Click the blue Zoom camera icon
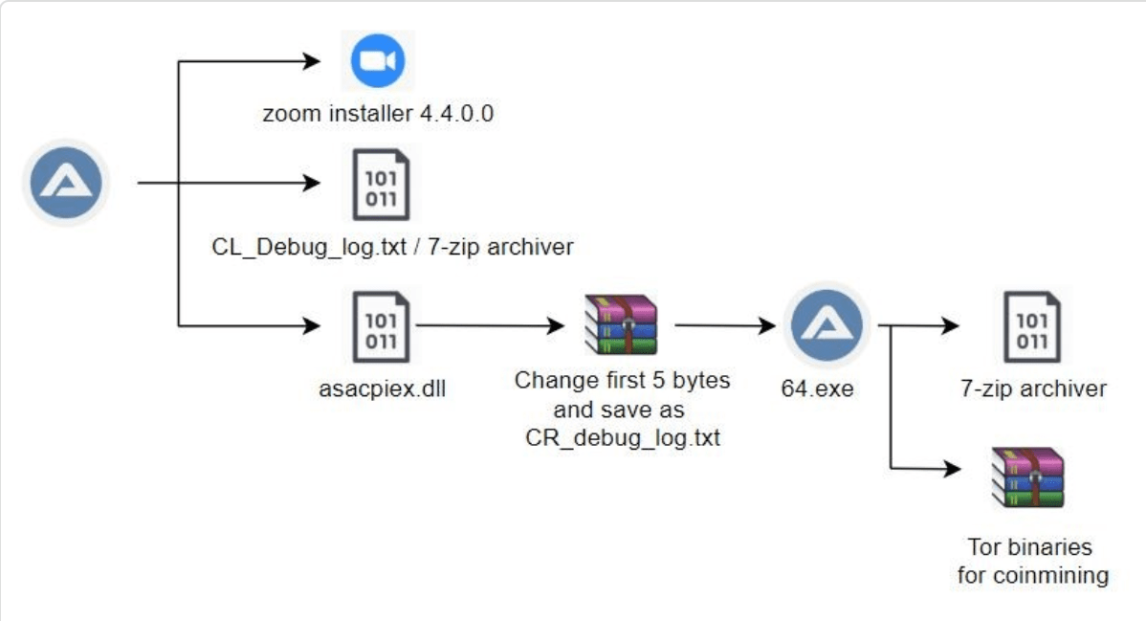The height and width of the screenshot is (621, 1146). (x=378, y=60)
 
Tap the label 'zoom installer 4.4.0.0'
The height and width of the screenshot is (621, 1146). (x=378, y=113)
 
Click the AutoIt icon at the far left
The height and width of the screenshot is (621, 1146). (x=67, y=182)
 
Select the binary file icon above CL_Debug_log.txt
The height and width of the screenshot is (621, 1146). (x=381, y=185)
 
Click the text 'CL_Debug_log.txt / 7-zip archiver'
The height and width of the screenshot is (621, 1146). (x=392, y=247)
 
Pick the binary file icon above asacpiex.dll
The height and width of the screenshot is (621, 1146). (x=381, y=327)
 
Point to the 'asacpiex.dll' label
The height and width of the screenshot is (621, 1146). (x=383, y=388)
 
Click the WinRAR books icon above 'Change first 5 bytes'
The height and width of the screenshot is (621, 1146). (x=621, y=324)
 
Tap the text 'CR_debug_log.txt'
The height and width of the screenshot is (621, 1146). (x=623, y=437)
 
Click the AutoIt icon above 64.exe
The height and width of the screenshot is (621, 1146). (x=826, y=324)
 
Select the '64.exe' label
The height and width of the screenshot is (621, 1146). (x=817, y=388)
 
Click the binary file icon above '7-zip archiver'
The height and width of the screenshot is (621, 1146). (x=1032, y=327)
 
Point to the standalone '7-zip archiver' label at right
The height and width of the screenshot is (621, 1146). (x=1033, y=388)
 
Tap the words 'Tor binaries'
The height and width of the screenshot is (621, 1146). (x=1030, y=547)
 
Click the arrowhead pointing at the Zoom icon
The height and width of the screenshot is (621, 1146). (x=312, y=61)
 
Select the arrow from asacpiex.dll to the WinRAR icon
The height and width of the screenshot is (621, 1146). (x=491, y=325)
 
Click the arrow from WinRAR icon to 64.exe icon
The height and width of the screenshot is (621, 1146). (x=725, y=325)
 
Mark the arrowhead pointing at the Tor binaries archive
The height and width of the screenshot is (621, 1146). (x=953, y=468)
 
